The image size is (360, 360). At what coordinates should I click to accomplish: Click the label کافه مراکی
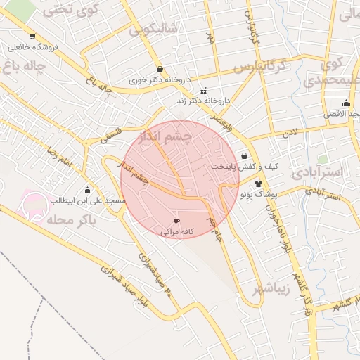pos(177,231)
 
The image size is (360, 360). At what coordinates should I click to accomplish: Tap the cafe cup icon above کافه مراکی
pos(176,221)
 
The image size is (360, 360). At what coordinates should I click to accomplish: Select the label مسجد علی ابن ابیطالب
pos(86,200)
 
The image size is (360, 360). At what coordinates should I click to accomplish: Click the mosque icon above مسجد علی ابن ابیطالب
pos(87,190)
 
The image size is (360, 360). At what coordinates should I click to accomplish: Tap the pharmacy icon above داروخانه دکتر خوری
pos(161,70)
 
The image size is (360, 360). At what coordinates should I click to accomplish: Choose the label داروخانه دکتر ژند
pos(205,101)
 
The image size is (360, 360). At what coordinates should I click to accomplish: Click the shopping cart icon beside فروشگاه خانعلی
pos(32,37)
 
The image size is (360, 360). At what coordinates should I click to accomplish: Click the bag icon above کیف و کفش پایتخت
pos(243,155)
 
